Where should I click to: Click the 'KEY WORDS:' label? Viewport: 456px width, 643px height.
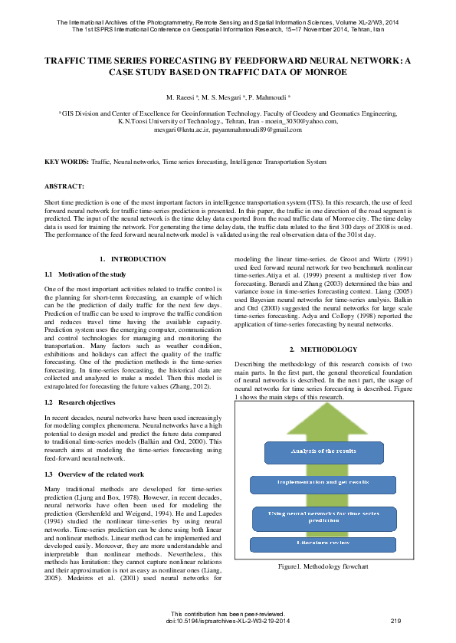click(x=66, y=162)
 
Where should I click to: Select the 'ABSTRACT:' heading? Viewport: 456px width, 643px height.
click(x=64, y=186)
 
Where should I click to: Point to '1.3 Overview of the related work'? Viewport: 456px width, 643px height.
click(x=95, y=475)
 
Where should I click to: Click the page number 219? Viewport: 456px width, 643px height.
click(x=395, y=620)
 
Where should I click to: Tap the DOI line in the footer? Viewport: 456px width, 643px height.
click(x=228, y=620)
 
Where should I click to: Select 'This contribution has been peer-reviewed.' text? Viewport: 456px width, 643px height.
click(x=228, y=613)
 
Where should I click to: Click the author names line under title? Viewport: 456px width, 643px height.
click(x=228, y=99)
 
